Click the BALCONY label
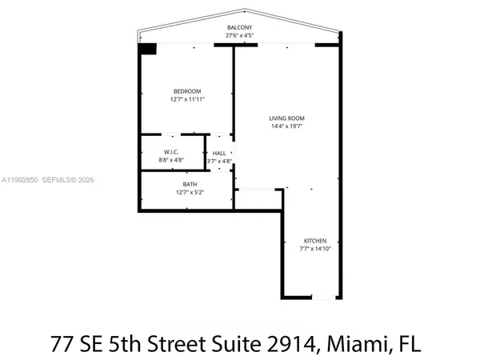click(239, 27)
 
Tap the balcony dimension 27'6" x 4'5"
click(239, 35)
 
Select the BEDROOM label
click(187, 91)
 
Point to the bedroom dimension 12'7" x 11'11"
click(187, 100)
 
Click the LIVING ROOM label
click(286, 118)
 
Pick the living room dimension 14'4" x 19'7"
click(286, 126)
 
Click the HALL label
click(218, 153)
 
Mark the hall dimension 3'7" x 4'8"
click(218, 161)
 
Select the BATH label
click(190, 184)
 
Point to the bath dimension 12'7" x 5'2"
click(190, 192)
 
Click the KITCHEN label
click(315, 241)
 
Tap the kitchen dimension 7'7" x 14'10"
click(315, 249)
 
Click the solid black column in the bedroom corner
click(146, 49)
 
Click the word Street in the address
click(178, 346)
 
